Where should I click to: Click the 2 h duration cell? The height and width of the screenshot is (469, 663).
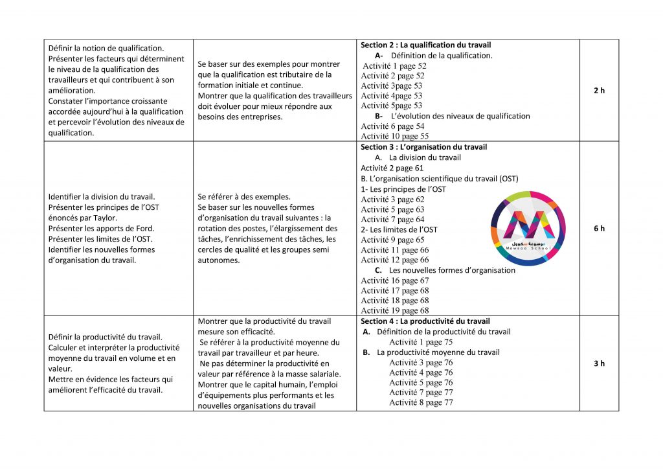click(599, 91)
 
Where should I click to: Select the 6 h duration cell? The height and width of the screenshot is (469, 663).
click(599, 229)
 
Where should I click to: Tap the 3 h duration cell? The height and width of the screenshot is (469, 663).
click(599, 363)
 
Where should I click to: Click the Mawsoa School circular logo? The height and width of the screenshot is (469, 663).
click(530, 228)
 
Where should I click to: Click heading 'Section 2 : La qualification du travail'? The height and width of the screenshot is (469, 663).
click(425, 45)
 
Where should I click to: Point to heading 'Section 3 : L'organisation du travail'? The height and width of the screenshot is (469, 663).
click(424, 147)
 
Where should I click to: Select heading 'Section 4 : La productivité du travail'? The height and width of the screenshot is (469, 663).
click(425, 321)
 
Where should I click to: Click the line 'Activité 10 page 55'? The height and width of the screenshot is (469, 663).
click(394, 137)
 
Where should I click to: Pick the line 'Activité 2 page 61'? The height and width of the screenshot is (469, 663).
click(392, 168)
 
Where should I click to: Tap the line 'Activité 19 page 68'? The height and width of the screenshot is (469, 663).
click(394, 311)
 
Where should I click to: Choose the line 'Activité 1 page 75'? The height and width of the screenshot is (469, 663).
click(421, 342)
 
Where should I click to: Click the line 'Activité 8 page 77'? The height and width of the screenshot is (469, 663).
click(421, 403)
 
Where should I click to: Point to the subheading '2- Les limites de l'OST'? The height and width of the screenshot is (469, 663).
click(399, 229)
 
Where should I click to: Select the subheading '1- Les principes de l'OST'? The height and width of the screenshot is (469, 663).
click(403, 189)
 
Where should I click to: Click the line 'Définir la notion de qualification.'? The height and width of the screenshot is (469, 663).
click(106, 49)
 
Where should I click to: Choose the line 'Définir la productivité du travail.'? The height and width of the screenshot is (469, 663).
click(105, 337)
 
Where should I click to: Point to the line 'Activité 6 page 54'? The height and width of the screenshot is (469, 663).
click(392, 126)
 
